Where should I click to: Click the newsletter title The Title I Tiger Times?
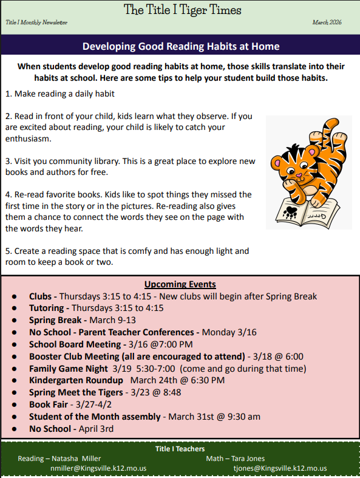183,10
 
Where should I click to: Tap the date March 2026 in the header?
327,22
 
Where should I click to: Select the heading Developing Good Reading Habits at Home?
180,46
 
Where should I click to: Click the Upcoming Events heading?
180,284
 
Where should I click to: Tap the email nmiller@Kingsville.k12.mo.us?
98,468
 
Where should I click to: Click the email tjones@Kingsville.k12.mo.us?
280,468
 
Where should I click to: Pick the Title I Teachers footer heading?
180,449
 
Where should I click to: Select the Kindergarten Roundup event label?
76,380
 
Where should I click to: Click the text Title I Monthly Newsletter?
36,22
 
